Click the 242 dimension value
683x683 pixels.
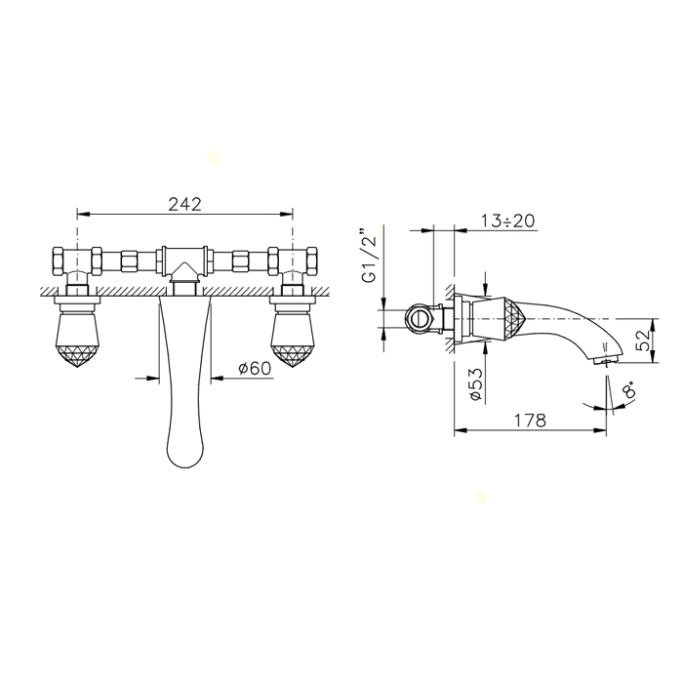point(185,204)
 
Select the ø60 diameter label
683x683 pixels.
point(255,368)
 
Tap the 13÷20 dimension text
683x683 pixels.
point(508,221)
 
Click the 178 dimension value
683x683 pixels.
point(530,421)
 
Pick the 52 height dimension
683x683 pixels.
point(643,341)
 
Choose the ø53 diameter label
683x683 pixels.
point(476,384)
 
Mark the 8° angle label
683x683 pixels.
point(630,387)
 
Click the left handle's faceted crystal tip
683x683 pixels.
point(77,356)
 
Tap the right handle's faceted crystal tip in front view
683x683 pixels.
point(293,356)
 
